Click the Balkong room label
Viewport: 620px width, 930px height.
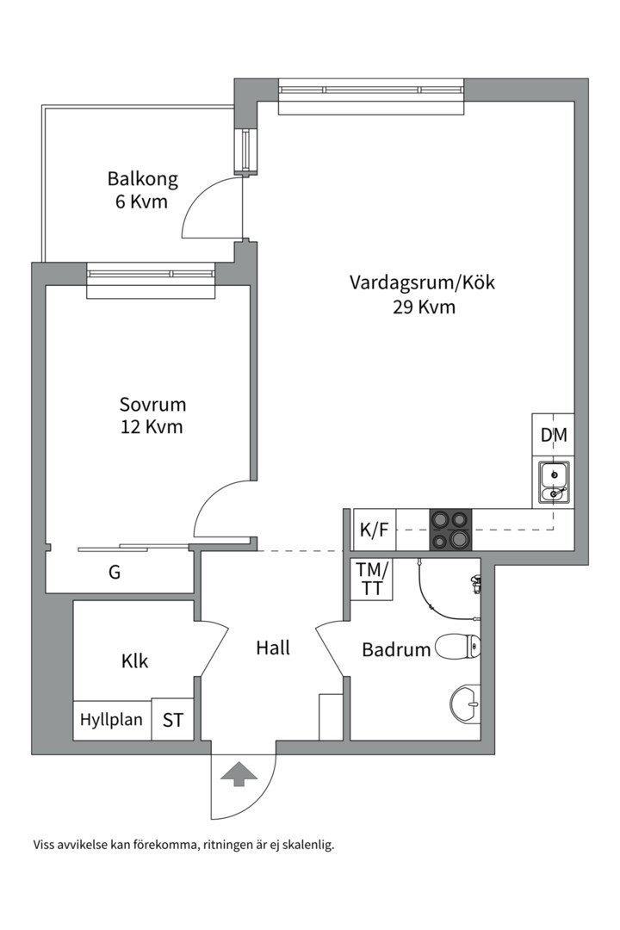(x=142, y=180)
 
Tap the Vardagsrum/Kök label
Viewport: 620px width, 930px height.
(x=422, y=282)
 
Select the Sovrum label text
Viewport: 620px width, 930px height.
(x=152, y=405)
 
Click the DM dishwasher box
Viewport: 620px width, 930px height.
(x=554, y=436)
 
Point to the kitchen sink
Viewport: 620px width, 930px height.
(x=553, y=482)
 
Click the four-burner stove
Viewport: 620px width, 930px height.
(x=450, y=530)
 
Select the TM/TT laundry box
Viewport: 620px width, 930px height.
(x=372, y=579)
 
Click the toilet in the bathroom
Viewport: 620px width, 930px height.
(x=458, y=647)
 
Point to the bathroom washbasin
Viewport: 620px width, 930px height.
(x=466, y=704)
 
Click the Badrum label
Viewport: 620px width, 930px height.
(x=396, y=650)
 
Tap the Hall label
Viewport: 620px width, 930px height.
(x=273, y=648)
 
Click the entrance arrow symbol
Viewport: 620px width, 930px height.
(x=239, y=772)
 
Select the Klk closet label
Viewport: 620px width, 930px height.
(x=134, y=661)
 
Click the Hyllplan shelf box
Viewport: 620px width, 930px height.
(x=112, y=719)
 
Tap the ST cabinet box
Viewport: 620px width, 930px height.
(x=173, y=720)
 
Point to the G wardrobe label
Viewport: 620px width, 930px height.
(x=115, y=572)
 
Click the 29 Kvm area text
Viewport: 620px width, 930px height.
(x=422, y=307)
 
